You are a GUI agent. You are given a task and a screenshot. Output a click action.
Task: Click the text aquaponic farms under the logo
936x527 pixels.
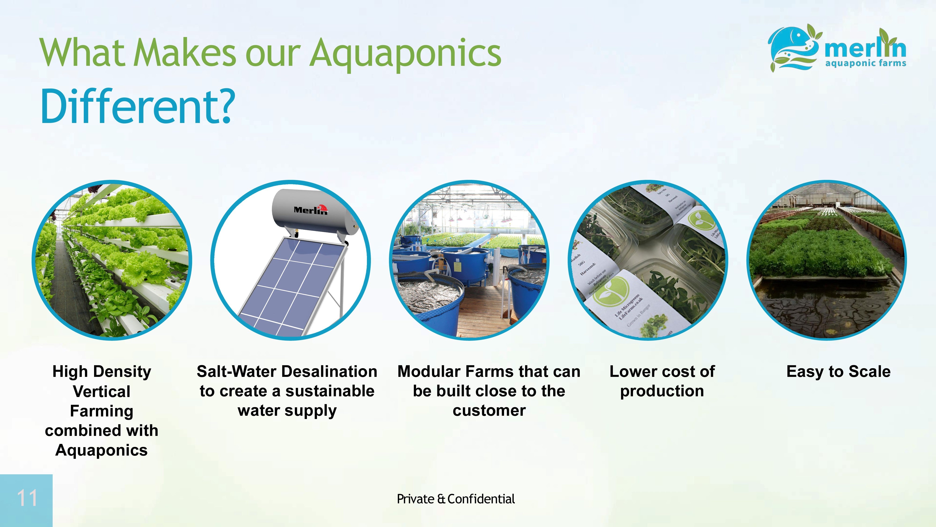tap(866, 63)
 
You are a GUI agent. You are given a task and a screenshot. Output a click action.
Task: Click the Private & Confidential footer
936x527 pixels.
tap(456, 499)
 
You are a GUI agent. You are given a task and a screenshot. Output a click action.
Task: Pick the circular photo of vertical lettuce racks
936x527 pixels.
tap(112, 260)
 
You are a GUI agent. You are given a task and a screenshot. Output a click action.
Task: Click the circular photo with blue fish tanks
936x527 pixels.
tap(469, 260)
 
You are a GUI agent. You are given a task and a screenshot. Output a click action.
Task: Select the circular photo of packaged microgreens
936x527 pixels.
tap(647, 260)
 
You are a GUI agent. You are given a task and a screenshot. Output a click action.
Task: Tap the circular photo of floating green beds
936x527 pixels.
tap(826, 260)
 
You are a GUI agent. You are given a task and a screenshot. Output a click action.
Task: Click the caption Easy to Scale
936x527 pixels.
tap(838, 371)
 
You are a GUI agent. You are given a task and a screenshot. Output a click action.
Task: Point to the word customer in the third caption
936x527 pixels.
tap(489, 411)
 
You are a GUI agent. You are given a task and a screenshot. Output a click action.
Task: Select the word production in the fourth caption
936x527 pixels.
tap(662, 391)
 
